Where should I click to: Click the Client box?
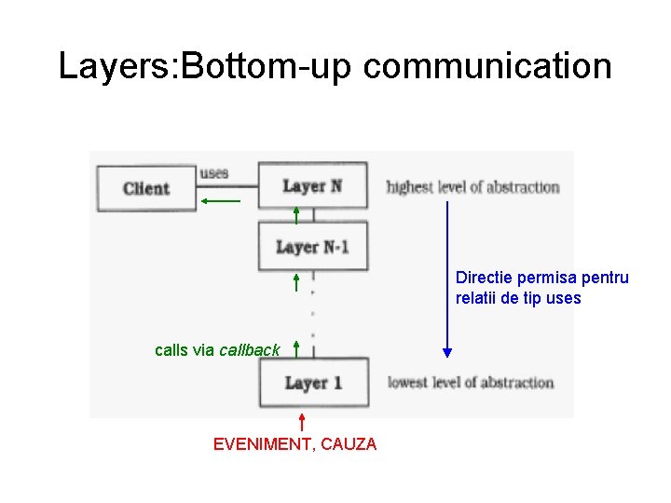146,188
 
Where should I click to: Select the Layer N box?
312,186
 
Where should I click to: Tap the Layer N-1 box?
312,247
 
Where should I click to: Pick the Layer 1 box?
313,383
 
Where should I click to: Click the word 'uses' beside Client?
214,173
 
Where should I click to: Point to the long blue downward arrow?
447,279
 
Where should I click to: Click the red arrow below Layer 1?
302,421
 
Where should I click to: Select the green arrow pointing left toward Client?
220,199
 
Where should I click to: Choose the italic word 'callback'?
249,350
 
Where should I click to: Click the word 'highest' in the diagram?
410,187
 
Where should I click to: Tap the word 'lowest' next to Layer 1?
407,382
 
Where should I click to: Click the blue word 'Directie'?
483,278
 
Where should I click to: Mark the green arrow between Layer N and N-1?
296,215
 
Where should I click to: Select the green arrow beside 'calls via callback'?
296,348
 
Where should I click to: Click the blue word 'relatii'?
477,298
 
